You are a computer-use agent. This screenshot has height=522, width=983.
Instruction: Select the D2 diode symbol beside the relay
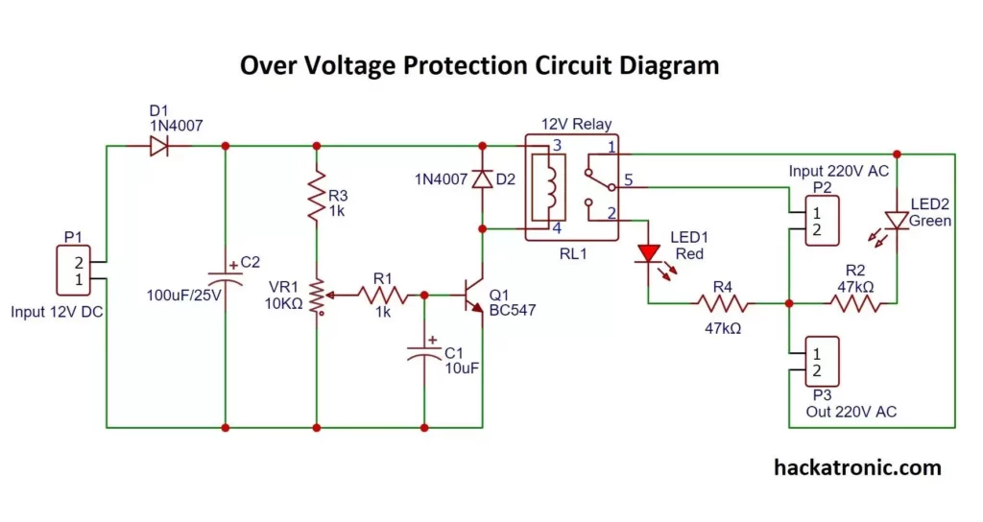coord(482,179)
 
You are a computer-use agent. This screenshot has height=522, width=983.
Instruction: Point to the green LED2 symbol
coord(896,220)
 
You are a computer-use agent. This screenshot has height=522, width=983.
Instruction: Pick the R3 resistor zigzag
coord(316,196)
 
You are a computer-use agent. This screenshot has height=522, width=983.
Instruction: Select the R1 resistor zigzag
coord(382,297)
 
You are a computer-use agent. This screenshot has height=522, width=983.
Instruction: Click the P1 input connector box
coord(81,272)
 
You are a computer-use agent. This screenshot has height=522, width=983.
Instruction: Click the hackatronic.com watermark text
coord(857,467)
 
